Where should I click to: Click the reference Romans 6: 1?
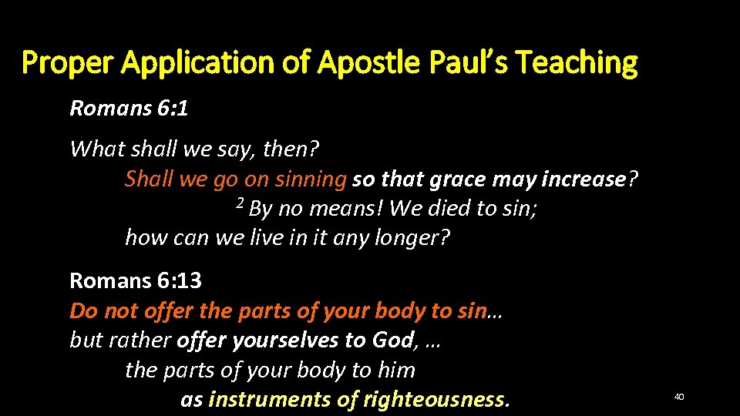[x=129, y=108]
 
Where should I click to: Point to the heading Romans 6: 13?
[x=136, y=280]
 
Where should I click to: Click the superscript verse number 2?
[x=240, y=206]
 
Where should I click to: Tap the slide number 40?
[x=679, y=396]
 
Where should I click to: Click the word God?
[x=394, y=341]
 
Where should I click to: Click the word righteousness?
[x=436, y=400]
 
